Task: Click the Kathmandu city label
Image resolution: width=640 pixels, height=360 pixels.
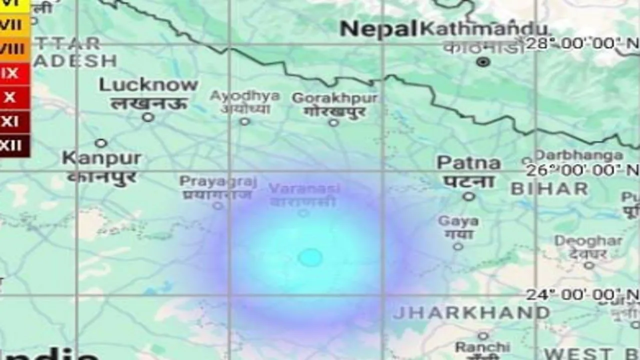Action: pyautogui.click(x=482, y=28)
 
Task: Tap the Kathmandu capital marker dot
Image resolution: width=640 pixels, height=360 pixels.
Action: pyautogui.click(x=483, y=62)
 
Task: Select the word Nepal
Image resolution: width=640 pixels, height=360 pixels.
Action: pyautogui.click(x=378, y=29)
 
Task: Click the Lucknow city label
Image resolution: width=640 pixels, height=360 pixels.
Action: pyautogui.click(x=148, y=85)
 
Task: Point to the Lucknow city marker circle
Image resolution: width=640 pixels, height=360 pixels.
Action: pyautogui.click(x=147, y=117)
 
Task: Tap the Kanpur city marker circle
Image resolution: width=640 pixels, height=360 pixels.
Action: pyautogui.click(x=101, y=143)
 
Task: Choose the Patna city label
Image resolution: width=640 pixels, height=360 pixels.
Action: pyautogui.click(x=468, y=163)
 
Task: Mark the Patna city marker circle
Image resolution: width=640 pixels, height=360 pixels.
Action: pyautogui.click(x=468, y=196)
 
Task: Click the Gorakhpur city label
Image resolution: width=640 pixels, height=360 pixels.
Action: pyautogui.click(x=334, y=98)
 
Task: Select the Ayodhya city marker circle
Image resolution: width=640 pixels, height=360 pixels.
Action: pyautogui.click(x=244, y=121)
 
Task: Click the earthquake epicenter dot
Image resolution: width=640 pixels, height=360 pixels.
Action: pyautogui.click(x=310, y=257)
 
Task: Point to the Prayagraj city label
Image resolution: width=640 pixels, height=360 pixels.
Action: pyautogui.click(x=218, y=181)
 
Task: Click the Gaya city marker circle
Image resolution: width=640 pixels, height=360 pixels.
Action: pyautogui.click(x=458, y=246)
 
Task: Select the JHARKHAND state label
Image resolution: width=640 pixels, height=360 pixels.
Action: pyautogui.click(x=471, y=313)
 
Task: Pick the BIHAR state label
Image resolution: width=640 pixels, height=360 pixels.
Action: pyautogui.click(x=549, y=189)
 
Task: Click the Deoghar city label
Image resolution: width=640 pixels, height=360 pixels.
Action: pyautogui.click(x=588, y=241)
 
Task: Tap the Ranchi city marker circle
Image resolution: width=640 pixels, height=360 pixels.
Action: pyautogui.click(x=483, y=335)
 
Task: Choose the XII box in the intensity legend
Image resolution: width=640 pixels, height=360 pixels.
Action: pyautogui.click(x=11, y=145)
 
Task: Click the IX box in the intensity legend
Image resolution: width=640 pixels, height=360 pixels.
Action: pyautogui.click(x=10, y=73)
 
